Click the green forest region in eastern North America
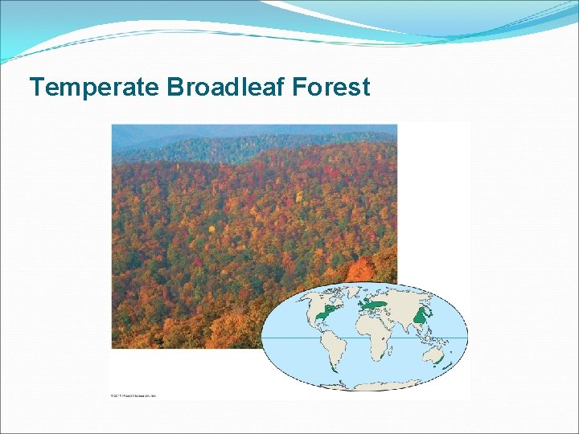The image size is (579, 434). coord(325,314)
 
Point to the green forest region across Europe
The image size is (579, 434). coord(372,305)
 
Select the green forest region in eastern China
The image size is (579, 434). coord(419,318)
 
